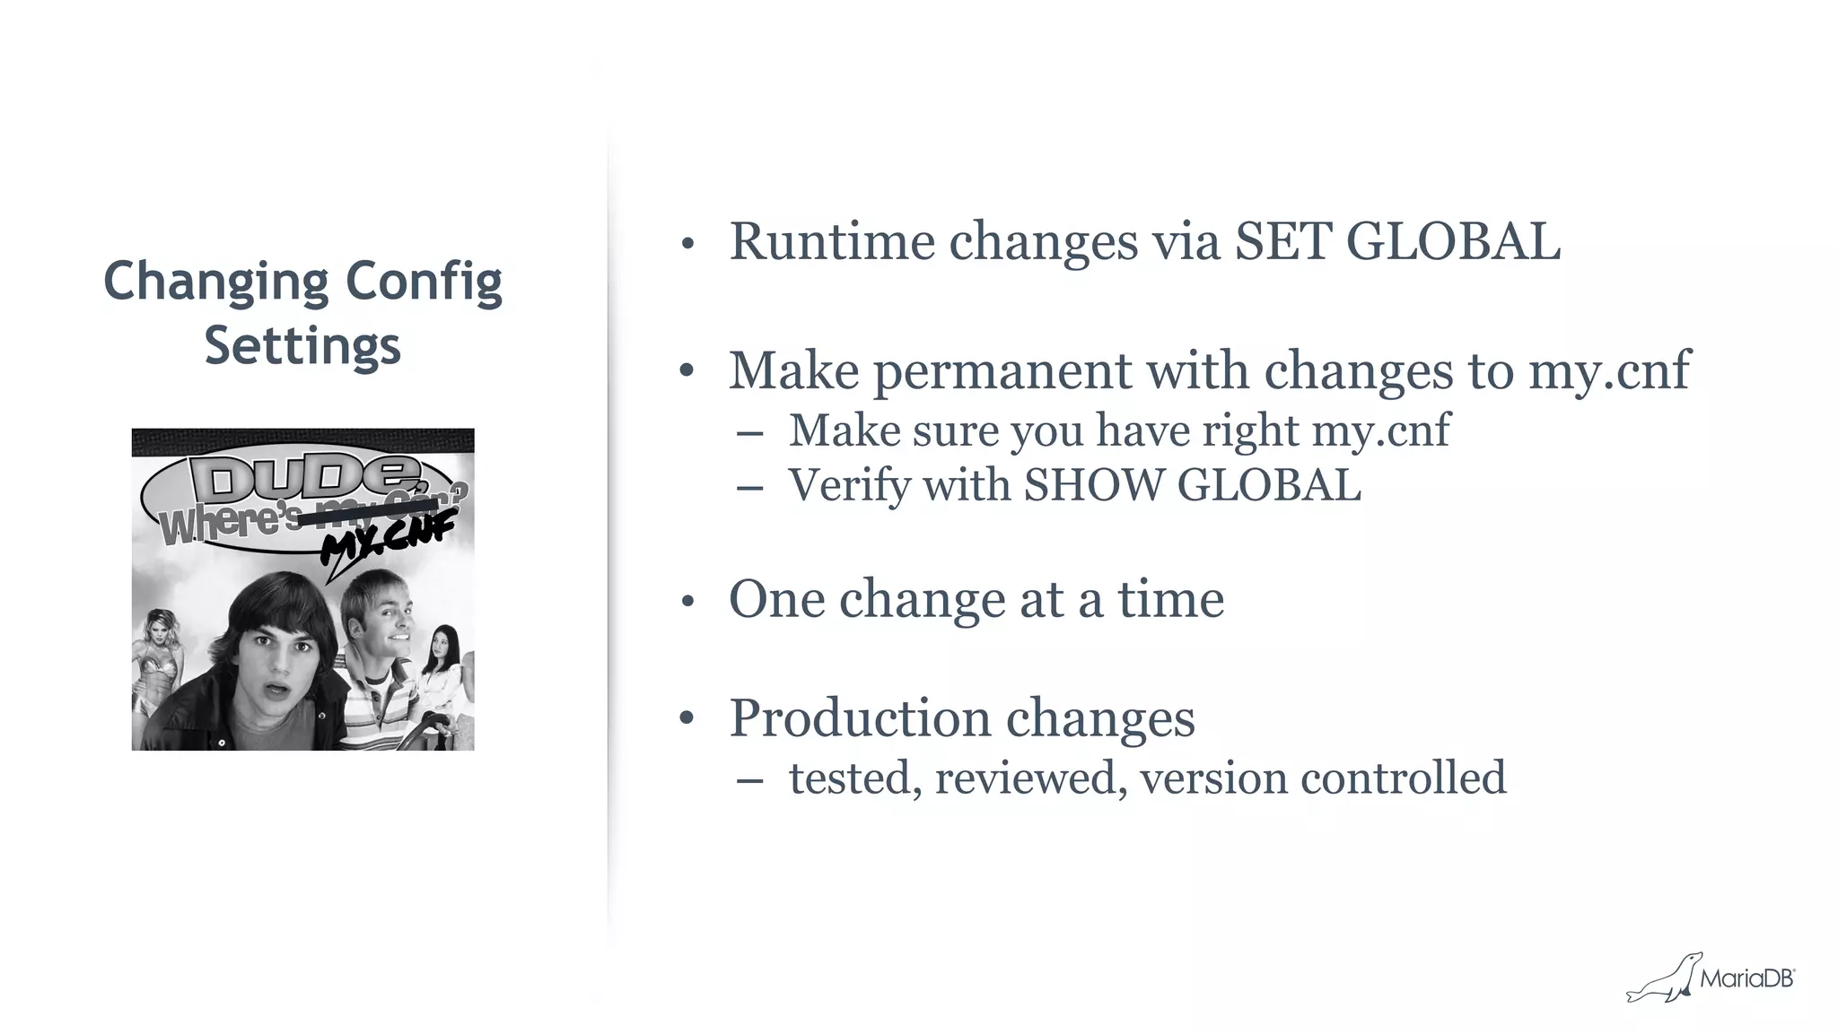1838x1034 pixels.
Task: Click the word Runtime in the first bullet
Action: coord(832,242)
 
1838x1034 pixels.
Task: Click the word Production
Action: coord(860,718)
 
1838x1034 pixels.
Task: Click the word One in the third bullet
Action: coord(775,599)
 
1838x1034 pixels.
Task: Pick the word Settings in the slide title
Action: coord(302,346)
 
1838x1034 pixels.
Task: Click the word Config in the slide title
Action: coord(424,282)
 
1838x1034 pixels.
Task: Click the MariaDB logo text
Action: coord(1746,979)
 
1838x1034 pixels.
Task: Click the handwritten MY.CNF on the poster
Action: coord(388,541)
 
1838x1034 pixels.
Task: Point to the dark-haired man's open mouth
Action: coord(276,691)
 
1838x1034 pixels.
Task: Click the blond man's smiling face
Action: coord(380,619)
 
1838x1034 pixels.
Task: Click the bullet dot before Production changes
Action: coord(687,718)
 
